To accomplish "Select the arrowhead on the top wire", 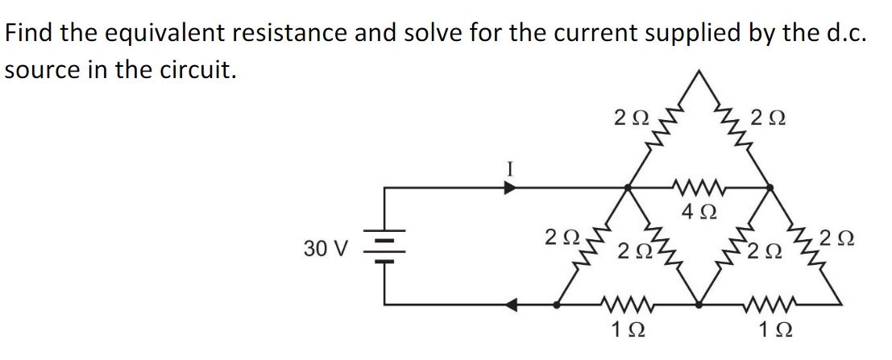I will [x=510, y=188].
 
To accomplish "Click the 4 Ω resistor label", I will [x=698, y=213].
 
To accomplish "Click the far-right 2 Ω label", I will [x=839, y=239].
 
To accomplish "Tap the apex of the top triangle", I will [x=699, y=74].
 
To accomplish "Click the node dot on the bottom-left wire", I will [x=557, y=304].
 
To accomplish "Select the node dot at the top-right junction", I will [x=769, y=188].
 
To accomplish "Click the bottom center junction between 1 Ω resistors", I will [x=699, y=304].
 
